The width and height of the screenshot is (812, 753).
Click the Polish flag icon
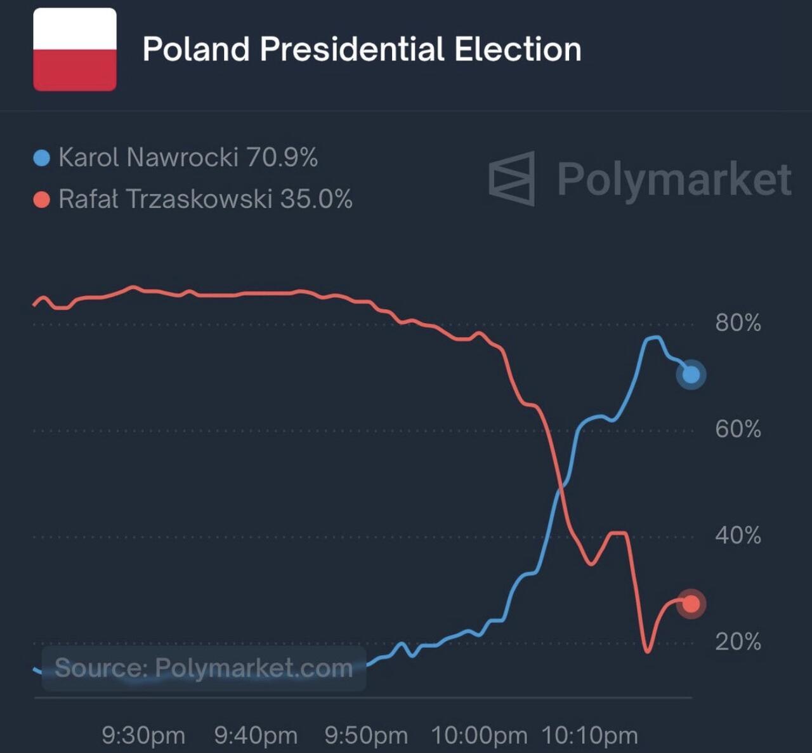(x=75, y=50)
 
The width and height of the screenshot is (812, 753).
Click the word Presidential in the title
(x=352, y=50)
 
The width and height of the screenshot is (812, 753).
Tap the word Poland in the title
(x=196, y=50)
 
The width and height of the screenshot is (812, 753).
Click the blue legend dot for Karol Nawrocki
(x=41, y=158)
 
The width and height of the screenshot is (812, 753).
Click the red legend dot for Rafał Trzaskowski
(x=41, y=201)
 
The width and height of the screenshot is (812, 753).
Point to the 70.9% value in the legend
(x=282, y=157)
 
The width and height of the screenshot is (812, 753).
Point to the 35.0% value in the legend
(x=316, y=199)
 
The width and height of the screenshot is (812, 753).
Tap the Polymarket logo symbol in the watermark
(x=512, y=178)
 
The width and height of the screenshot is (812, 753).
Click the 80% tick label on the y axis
(x=738, y=323)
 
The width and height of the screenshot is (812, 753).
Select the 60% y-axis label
(x=738, y=430)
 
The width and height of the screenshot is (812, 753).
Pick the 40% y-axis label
(x=738, y=536)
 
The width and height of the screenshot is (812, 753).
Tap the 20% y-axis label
(x=738, y=642)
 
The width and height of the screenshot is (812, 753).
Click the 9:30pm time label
(x=143, y=736)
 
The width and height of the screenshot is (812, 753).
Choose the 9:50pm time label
(x=366, y=736)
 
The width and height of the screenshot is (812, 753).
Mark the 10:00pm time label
(x=479, y=736)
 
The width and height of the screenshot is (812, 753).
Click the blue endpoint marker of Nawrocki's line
(x=691, y=375)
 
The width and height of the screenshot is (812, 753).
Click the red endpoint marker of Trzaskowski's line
(x=691, y=603)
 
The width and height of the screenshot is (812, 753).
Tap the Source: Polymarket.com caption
(x=204, y=669)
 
